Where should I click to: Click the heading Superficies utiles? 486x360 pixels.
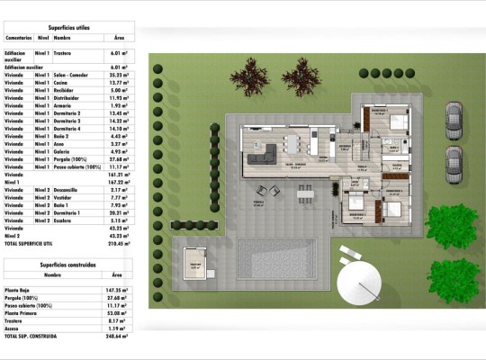coord(68,28)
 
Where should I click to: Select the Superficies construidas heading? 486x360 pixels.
coord(67,265)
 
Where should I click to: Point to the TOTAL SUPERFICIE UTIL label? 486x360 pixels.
coord(36,244)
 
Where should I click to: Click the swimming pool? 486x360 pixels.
coord(275,258)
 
